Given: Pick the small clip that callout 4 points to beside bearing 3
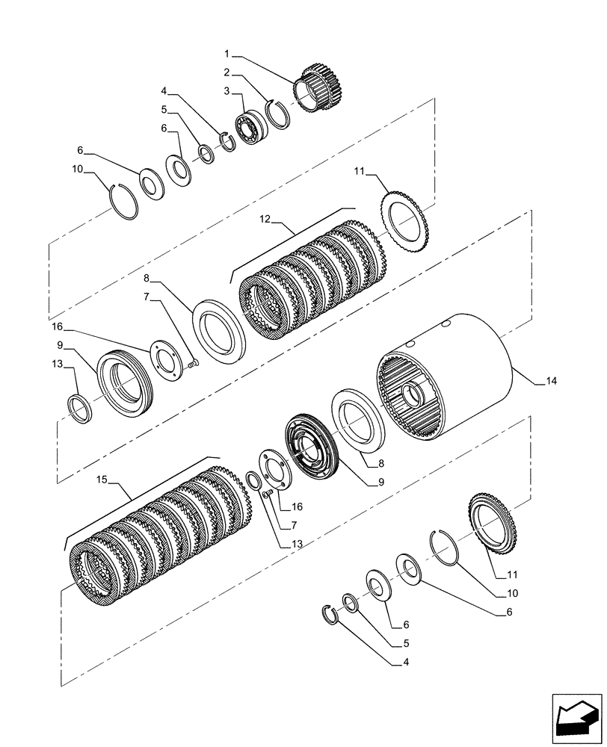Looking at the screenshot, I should (227, 141).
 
